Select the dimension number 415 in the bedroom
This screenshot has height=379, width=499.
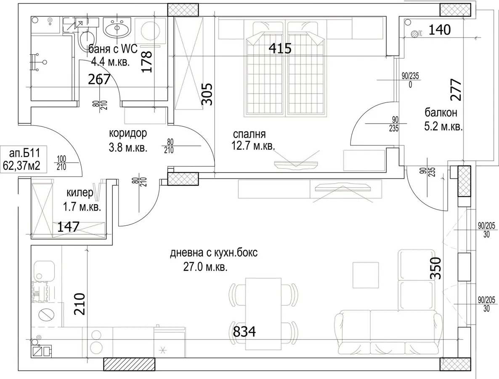coord(280,48)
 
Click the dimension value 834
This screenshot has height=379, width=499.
coord(244,331)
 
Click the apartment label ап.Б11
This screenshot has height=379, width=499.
coord(24,153)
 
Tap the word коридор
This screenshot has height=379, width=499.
coord(128,133)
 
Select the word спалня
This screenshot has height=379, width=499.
coord(249,134)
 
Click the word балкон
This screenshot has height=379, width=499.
coord(441,112)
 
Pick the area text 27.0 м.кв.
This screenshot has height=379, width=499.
coord(205,267)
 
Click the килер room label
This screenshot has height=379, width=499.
coord(80,193)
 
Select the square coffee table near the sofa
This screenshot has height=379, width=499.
coord(366,275)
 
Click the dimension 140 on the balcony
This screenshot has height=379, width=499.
coord(440,30)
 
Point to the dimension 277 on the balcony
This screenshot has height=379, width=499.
coord(457,90)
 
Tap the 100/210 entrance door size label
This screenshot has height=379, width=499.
coord(61,163)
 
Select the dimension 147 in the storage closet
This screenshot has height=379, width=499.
coord(68,227)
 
